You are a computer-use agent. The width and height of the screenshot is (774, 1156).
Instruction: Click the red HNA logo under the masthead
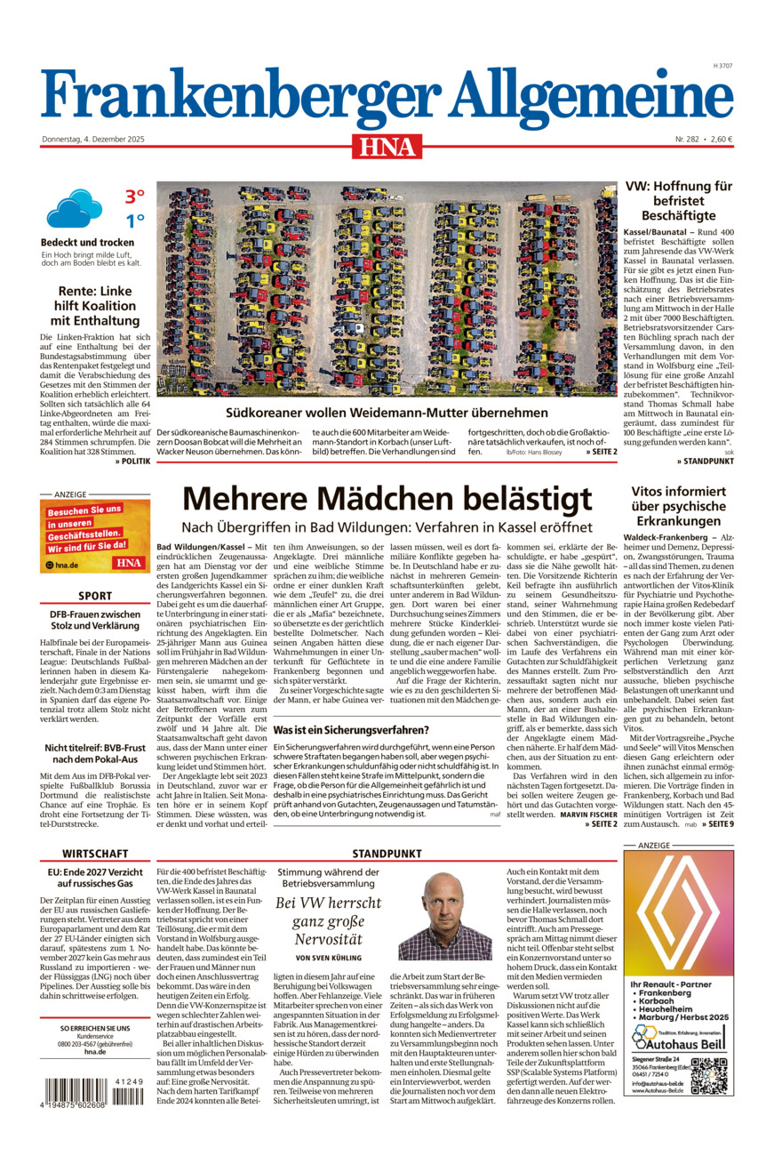(387, 145)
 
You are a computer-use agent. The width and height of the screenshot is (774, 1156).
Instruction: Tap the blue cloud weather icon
(74, 209)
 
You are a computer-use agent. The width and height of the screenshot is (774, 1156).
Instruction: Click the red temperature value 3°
(134, 197)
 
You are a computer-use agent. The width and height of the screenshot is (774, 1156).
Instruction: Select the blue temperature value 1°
(134, 221)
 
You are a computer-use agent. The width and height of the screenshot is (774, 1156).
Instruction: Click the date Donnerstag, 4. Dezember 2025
(93, 139)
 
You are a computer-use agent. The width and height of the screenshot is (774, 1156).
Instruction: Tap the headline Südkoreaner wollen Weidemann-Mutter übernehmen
(387, 413)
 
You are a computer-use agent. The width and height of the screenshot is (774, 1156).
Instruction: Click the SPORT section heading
(95, 596)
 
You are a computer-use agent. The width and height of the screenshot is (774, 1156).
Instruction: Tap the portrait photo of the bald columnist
(445, 916)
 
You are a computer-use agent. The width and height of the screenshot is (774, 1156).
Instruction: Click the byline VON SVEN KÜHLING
(329, 958)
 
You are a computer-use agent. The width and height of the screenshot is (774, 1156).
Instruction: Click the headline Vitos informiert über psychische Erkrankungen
(679, 505)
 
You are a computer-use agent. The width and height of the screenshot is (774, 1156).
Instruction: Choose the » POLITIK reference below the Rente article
(132, 462)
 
